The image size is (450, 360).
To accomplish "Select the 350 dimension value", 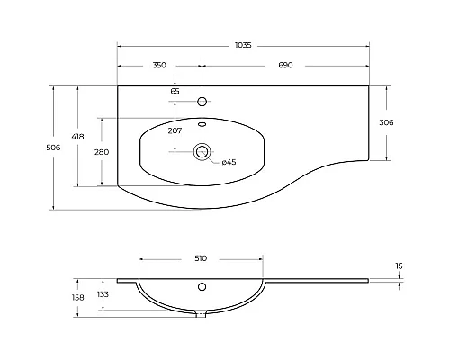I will point(159,66).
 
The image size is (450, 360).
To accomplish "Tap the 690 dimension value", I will point(286,66).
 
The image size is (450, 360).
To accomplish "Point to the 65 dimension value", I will point(175,91).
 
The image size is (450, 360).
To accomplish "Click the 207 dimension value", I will point(175,130).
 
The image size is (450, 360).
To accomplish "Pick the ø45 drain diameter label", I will point(229,162).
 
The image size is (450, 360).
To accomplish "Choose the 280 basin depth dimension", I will point(102,152).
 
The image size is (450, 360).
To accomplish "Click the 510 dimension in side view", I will point(201,258).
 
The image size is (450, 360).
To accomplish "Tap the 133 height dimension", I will point(103,294).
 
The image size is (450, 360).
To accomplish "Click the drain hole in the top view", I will point(202,152).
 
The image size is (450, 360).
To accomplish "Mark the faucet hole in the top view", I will point(202,100).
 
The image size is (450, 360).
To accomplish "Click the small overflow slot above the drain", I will point(202,124).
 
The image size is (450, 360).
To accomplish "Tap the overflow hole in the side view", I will point(202,288).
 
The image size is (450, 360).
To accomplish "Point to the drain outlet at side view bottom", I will point(202,313).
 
